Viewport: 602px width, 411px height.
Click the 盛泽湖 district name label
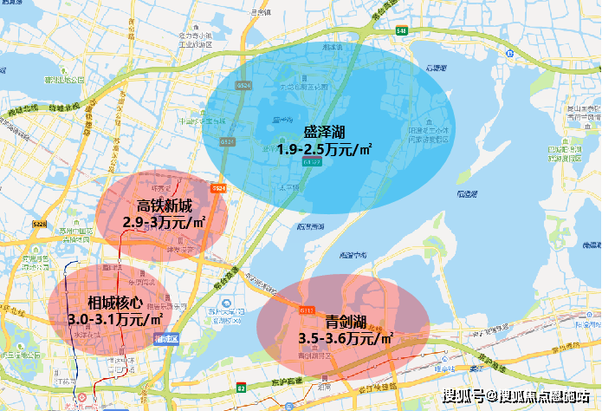[x=325, y=132]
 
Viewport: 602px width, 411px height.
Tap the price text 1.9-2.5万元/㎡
[x=325, y=148]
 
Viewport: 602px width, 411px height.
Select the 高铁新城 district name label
[x=165, y=206]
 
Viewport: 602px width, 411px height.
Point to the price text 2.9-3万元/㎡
[x=165, y=222]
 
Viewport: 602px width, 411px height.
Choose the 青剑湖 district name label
[x=345, y=320]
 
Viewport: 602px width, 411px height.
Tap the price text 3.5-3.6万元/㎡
[x=346, y=337]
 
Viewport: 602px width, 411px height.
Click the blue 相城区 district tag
[x=165, y=338]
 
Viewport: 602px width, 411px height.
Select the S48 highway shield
[x=401, y=30]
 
